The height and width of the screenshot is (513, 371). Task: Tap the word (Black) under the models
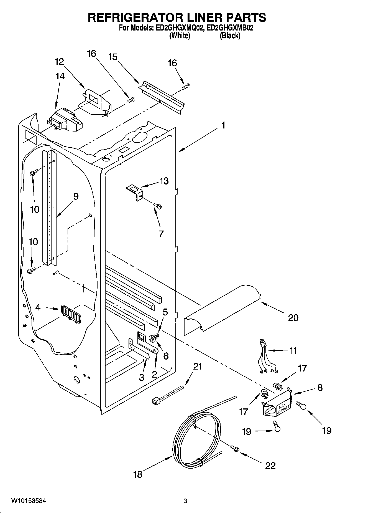click(230, 36)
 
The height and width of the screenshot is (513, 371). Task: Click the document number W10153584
click(29, 501)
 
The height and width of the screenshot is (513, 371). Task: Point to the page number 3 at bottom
click(185, 501)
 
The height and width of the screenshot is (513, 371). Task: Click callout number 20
click(293, 317)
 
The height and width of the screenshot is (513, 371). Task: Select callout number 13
click(164, 181)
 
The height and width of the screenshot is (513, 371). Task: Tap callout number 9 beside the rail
click(76, 196)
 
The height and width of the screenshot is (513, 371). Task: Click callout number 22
click(270, 466)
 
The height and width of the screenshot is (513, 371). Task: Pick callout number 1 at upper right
click(223, 125)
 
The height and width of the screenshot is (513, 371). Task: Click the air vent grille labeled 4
click(71, 314)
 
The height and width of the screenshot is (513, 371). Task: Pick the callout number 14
click(60, 76)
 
